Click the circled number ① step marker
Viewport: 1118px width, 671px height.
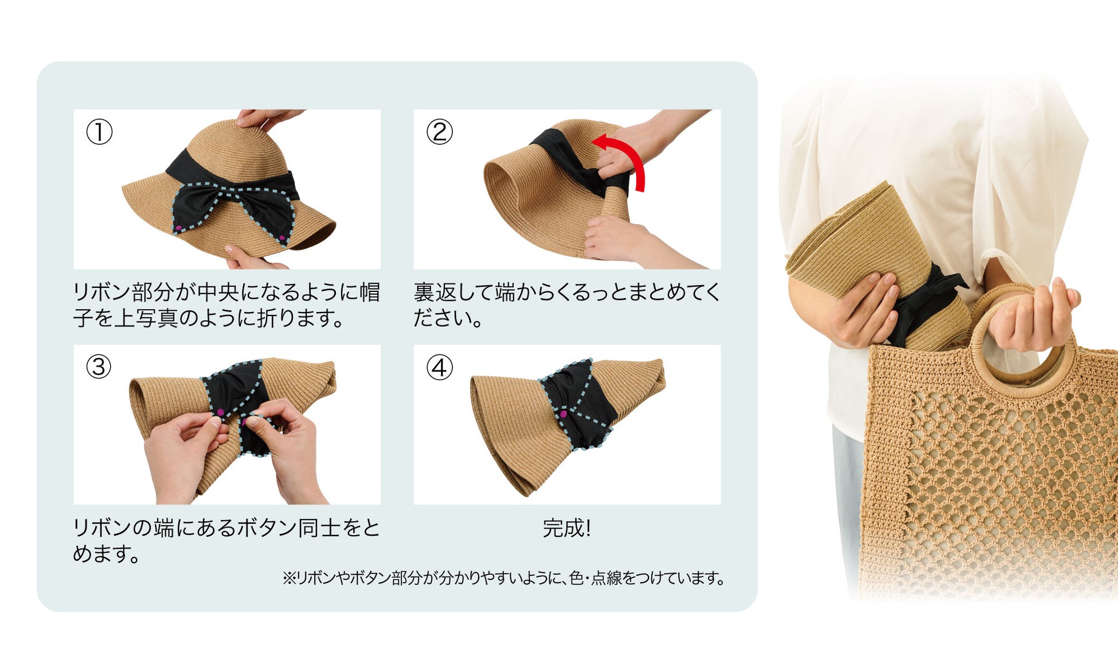click(99, 132)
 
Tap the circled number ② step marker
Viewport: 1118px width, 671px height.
click(440, 132)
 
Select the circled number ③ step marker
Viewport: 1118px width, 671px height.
click(99, 367)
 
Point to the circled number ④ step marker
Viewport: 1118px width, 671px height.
click(440, 367)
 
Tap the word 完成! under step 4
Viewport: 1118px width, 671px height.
click(566, 528)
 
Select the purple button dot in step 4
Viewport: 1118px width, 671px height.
click(563, 413)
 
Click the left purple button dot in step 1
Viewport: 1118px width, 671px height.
click(178, 229)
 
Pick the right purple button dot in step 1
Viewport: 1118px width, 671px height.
click(282, 237)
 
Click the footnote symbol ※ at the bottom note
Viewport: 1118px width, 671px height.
click(288, 578)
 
